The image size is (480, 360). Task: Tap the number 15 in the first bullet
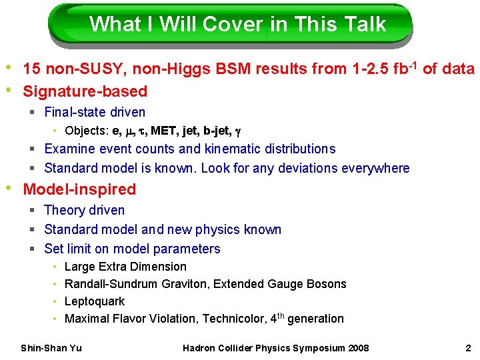(31, 69)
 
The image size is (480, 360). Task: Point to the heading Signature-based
(85, 91)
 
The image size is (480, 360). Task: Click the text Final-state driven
(95, 112)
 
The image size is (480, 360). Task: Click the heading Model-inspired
(79, 189)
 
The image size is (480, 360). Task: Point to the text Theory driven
(84, 210)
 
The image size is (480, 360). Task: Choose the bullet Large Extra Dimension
(125, 267)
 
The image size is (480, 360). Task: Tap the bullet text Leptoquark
(94, 301)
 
